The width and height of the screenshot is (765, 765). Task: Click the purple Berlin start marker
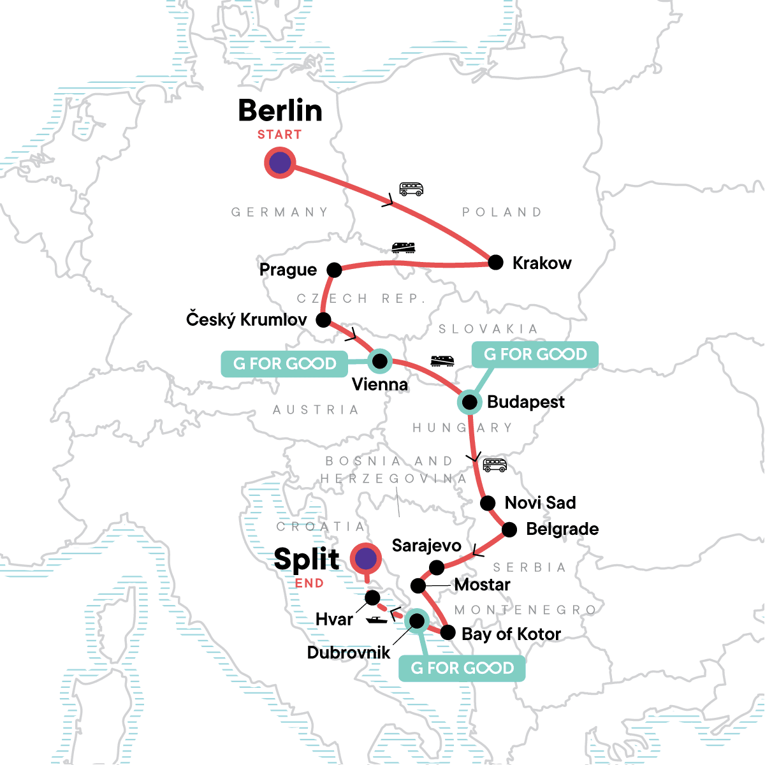tap(280, 163)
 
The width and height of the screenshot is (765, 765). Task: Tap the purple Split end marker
tap(365, 558)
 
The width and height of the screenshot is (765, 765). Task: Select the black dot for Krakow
tap(495, 263)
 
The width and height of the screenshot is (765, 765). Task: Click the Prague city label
tap(288, 270)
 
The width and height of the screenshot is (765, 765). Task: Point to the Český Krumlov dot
tap(324, 319)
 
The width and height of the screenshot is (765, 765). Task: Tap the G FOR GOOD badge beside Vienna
tap(284, 363)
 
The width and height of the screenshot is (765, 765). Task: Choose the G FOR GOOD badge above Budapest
tap(535, 354)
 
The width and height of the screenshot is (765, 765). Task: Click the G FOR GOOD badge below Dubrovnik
tap(462, 668)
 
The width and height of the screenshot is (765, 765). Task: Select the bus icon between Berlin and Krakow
tap(411, 189)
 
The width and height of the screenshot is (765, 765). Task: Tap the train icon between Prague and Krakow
tap(403, 247)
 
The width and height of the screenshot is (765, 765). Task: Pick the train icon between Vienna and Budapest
tap(442, 361)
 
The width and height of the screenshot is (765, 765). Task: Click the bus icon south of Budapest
tap(495, 465)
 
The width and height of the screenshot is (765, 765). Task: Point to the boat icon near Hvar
tap(377, 620)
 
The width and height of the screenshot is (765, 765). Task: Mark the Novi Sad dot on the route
tap(488, 503)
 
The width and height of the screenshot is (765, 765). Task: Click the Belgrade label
tap(562, 529)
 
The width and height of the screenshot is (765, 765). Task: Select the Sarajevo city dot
tap(437, 567)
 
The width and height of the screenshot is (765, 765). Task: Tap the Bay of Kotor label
tap(511, 634)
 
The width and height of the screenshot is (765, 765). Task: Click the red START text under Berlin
tap(279, 135)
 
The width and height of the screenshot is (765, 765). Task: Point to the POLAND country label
tap(502, 212)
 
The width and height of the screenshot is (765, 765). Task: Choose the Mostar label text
tap(482, 585)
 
